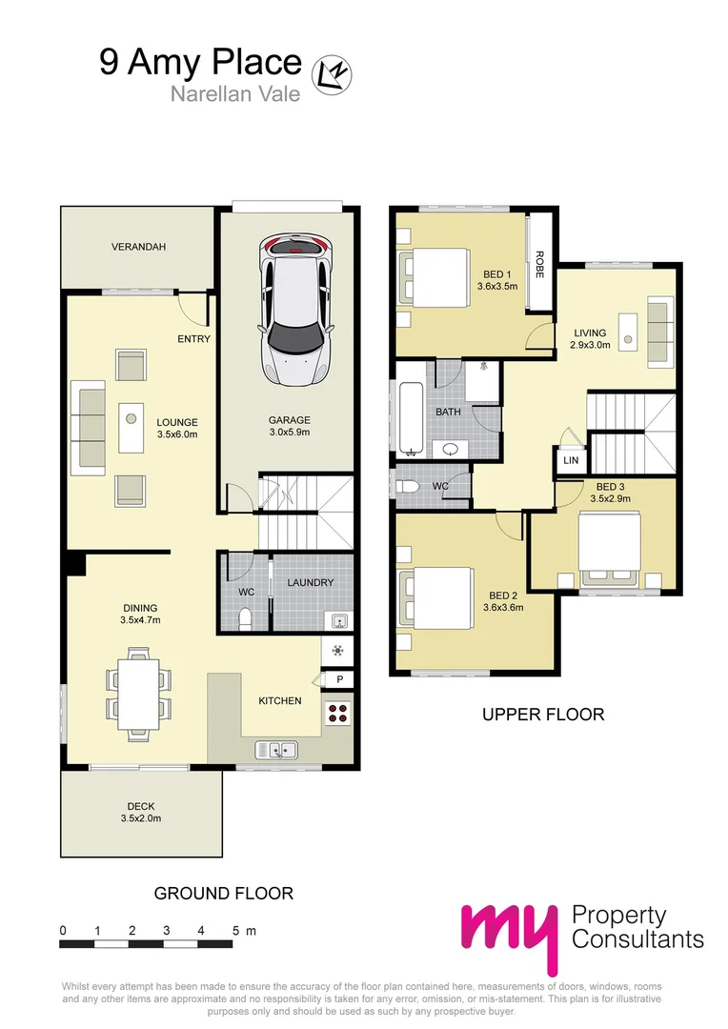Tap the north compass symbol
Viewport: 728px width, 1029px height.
pos(332,74)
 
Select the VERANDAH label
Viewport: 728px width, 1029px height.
pos(138,247)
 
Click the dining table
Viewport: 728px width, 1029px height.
pos(138,694)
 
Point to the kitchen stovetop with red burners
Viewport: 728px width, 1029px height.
pos(338,713)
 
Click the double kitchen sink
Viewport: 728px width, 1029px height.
pos(276,750)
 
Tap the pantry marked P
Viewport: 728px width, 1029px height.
pos(338,679)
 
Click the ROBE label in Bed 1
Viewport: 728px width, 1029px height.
pos(539,265)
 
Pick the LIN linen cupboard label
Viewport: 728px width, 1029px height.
pos(571,460)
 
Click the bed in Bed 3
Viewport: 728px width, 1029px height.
pos(609,550)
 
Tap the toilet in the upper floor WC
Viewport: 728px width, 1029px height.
pos(407,487)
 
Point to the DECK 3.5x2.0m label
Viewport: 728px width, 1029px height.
pos(141,813)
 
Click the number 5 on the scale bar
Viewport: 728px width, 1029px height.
pos(235,930)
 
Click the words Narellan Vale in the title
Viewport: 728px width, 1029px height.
pos(235,93)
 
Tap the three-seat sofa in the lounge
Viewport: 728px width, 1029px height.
pos(89,428)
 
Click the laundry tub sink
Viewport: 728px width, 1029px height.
pos(338,621)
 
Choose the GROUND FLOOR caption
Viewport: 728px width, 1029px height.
pos(224,893)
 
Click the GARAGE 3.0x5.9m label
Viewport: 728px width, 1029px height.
pos(290,426)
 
